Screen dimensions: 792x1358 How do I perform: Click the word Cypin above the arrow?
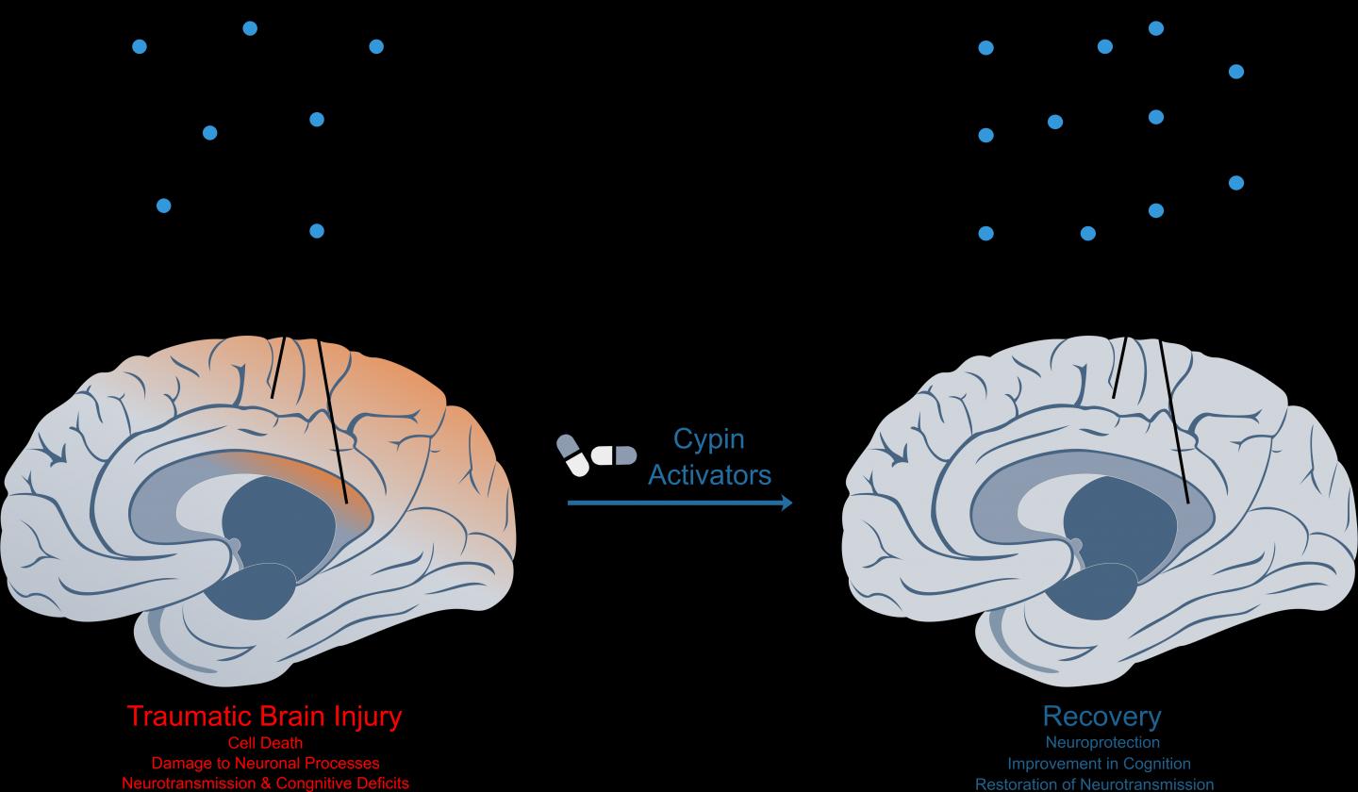(x=708, y=439)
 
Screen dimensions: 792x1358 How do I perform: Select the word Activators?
(x=709, y=474)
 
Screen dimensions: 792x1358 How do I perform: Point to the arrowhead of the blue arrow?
(x=787, y=503)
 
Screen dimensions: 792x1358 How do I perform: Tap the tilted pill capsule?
(x=572, y=454)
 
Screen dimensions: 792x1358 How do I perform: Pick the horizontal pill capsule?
(x=614, y=455)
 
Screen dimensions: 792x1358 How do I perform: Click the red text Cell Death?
(x=265, y=743)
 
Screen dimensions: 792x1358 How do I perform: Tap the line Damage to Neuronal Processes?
(x=265, y=763)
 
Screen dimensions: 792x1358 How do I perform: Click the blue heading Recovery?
(x=1101, y=716)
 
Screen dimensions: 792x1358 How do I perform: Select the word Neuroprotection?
(x=1101, y=743)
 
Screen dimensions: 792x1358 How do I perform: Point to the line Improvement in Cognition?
(x=1099, y=764)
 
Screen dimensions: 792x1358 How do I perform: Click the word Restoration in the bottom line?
(x=1020, y=784)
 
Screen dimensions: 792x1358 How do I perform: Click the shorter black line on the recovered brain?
(x=1119, y=368)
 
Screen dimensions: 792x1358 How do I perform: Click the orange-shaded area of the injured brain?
(x=415, y=405)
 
